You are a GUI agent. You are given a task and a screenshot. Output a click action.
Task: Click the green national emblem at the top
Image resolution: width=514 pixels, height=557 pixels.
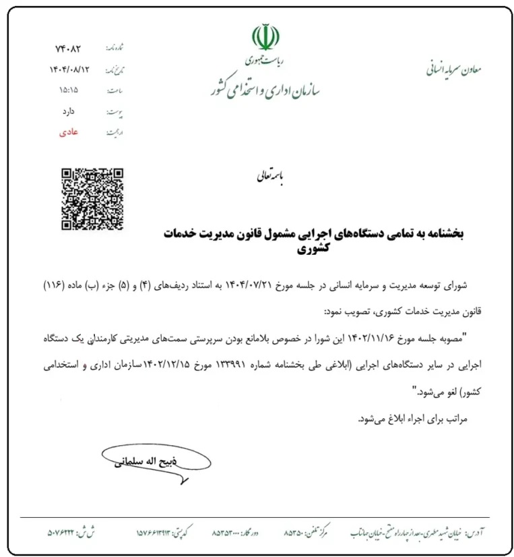tap(265, 37)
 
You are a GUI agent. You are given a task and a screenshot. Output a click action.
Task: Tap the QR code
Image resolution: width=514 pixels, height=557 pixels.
tap(92, 198)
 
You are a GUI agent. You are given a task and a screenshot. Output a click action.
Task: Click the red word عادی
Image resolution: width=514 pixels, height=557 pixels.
tap(69, 131)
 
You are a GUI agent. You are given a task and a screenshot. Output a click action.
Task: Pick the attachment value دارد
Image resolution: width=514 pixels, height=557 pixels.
tap(69, 111)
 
